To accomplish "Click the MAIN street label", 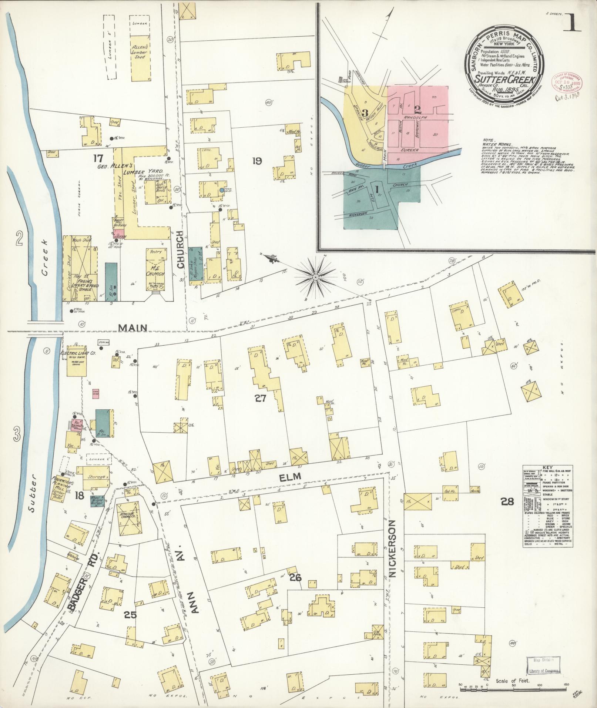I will point(133,328).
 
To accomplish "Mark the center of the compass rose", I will point(316,277).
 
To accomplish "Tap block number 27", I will point(260,398).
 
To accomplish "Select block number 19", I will point(257,161).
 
